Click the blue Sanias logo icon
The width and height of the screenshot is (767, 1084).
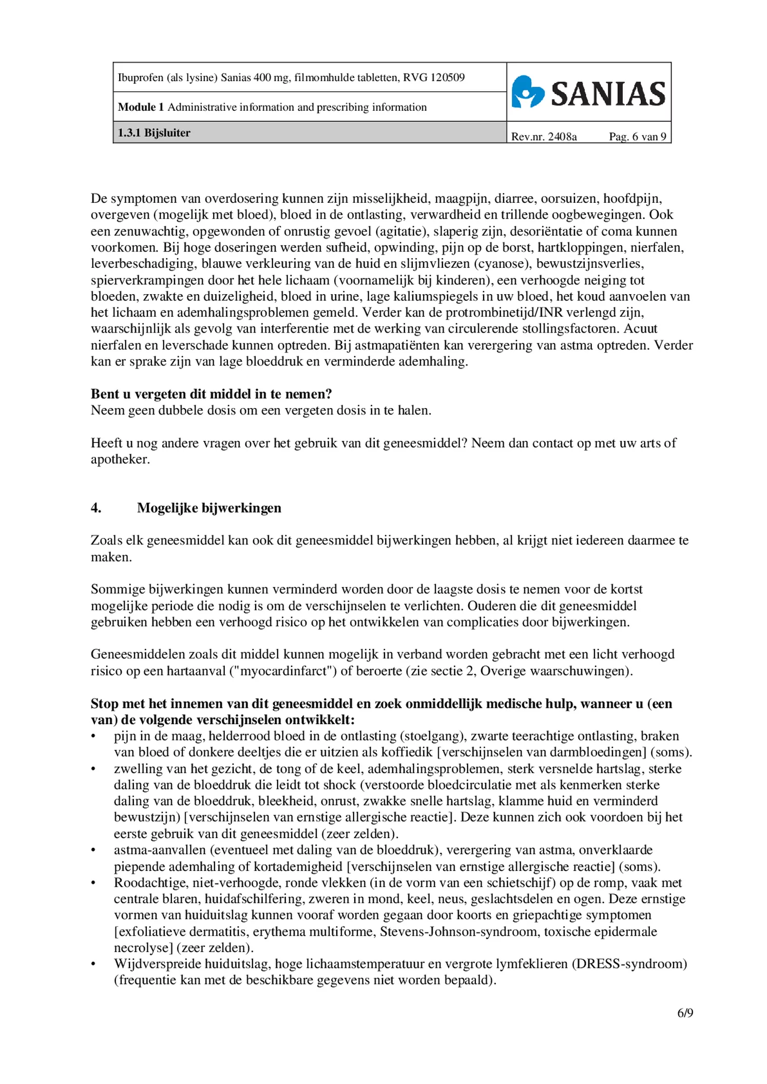click(527, 92)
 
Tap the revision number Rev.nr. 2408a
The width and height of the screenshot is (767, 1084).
click(544, 137)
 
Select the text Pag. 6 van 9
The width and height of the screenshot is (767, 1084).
click(637, 137)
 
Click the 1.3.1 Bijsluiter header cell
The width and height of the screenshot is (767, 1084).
click(154, 132)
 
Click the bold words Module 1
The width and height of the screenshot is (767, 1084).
click(141, 107)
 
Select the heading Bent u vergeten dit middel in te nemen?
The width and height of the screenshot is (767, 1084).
click(211, 394)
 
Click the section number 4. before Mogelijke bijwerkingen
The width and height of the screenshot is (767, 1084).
click(96, 508)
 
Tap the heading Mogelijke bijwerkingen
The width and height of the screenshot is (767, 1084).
click(209, 508)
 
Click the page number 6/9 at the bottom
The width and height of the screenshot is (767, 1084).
click(685, 1013)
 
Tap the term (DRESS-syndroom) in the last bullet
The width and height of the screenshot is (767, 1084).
click(629, 964)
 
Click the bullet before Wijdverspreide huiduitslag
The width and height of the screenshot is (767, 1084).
click(93, 964)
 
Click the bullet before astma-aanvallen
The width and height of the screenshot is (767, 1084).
click(93, 850)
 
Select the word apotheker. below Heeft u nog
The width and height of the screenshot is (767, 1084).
click(120, 459)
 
